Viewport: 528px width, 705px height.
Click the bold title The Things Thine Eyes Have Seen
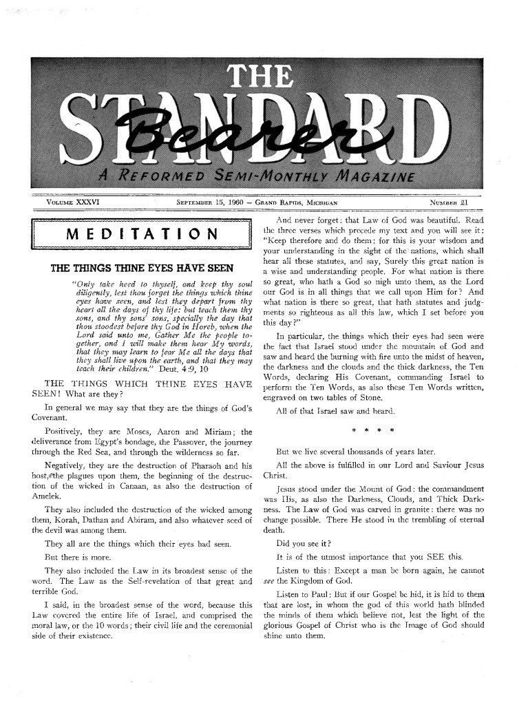point(142,268)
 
